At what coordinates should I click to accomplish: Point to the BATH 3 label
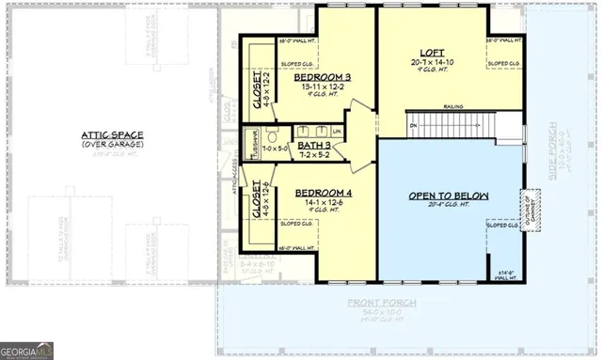[x=314, y=146]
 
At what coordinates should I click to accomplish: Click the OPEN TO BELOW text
[x=449, y=196]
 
